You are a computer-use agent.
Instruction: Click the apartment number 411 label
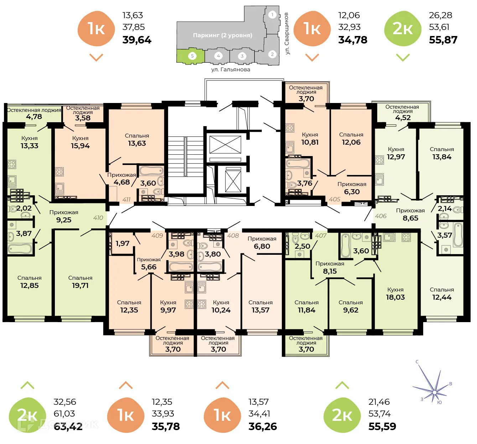126,200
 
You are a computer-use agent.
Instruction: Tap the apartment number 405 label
335,199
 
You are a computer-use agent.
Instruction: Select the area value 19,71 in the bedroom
80,285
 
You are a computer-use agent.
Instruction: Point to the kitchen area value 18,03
395,297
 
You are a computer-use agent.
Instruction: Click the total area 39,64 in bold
137,40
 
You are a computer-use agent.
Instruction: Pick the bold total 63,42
68,427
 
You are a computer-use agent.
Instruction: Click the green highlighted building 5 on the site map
191,56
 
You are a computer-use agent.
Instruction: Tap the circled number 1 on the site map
272,15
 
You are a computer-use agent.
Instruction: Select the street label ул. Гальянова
230,69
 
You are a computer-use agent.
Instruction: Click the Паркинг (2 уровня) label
222,35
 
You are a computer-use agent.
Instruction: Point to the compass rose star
434,392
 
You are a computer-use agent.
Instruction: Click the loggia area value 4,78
34,117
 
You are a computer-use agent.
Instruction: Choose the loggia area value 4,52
403,118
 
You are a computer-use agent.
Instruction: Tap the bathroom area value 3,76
305,183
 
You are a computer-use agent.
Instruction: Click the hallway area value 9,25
64,220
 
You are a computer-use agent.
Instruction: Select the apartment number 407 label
321,236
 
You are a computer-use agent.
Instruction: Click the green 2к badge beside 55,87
403,29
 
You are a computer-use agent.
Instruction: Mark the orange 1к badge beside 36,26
222,415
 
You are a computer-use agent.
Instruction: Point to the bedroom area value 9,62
351,310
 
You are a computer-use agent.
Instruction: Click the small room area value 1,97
122,243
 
